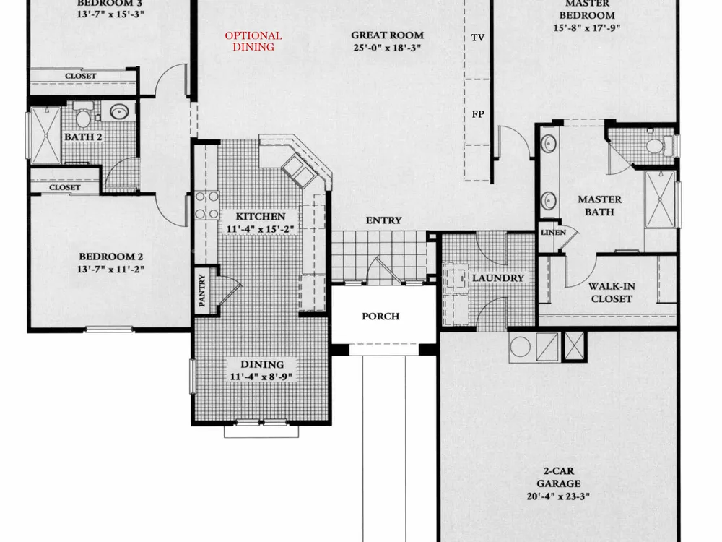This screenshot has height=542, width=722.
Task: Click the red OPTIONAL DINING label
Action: coord(253,41)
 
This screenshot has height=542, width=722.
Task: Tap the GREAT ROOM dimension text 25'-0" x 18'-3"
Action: coord(387,48)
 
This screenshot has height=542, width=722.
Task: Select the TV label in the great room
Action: coord(478,38)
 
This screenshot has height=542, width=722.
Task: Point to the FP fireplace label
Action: coord(478,114)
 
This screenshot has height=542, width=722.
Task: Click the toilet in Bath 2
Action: coord(83,117)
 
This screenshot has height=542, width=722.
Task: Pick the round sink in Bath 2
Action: coord(119,111)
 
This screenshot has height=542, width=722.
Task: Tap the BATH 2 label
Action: coord(83,137)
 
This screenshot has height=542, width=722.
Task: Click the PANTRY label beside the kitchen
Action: coord(201,291)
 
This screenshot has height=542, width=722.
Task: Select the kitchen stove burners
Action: coord(206,205)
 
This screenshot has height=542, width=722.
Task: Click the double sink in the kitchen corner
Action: coord(298,171)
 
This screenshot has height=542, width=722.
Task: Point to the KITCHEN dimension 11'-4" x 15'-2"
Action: coord(260,229)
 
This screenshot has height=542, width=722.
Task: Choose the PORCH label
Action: coord(380,317)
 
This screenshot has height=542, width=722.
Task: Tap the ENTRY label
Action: coord(383,220)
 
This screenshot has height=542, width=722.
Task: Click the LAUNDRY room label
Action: coord(498,278)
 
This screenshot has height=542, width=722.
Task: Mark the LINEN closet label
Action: coord(553,233)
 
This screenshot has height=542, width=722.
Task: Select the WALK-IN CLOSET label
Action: coord(612,292)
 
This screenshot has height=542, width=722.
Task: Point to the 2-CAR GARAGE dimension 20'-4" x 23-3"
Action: coord(559,496)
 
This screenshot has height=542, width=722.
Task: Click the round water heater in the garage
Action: coord(521,347)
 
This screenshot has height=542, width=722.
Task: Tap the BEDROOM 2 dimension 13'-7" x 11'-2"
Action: coord(110,269)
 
